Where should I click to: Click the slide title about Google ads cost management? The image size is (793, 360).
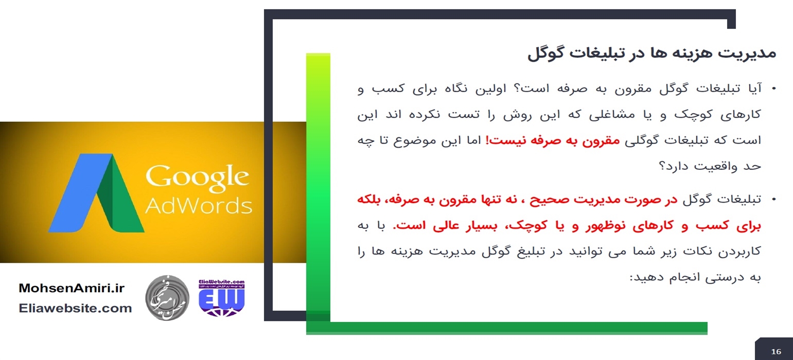pyautogui.click(x=651, y=54)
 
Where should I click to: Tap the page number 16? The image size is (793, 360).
pyautogui.click(x=776, y=351)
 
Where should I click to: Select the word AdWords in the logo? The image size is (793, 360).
pyautogui.click(x=199, y=206)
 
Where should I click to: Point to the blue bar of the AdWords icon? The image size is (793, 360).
pyautogui.click(x=80, y=193)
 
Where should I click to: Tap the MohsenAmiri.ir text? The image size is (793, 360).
pyautogui.click(x=72, y=288)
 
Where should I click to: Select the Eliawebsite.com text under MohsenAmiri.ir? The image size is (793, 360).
pyautogui.click(x=75, y=308)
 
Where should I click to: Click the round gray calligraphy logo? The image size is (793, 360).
pyautogui.click(x=167, y=298)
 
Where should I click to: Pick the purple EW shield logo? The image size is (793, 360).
pyautogui.click(x=222, y=298)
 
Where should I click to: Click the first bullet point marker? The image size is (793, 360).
pyautogui.click(x=774, y=88)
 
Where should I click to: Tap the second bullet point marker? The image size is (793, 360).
pyautogui.click(x=774, y=200)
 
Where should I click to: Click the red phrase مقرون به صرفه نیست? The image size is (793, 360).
pyautogui.click(x=552, y=140)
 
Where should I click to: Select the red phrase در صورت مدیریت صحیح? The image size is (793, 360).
pyautogui.click(x=603, y=200)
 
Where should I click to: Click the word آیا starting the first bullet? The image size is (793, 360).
pyautogui.click(x=753, y=88)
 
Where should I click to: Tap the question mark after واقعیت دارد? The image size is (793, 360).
pyautogui.click(x=662, y=166)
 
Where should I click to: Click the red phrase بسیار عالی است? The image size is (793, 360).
pyautogui.click(x=446, y=226)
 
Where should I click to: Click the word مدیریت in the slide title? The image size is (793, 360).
pyautogui.click(x=747, y=54)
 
